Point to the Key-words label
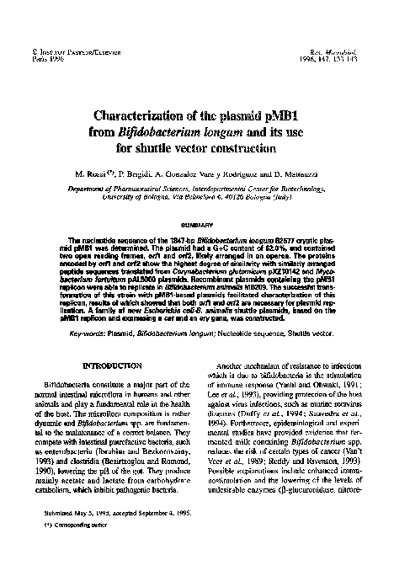[86, 359]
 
